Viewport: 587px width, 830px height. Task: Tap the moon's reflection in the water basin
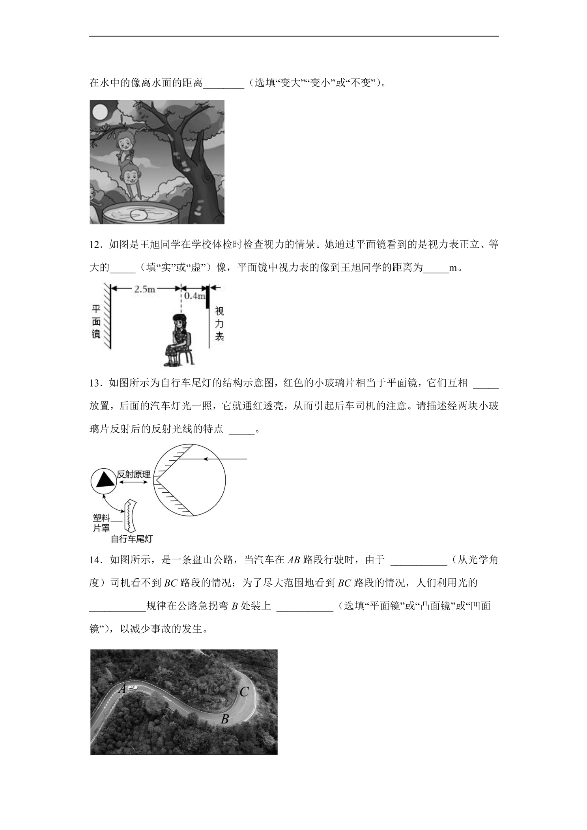[138, 214]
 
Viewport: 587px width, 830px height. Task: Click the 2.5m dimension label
[145, 289]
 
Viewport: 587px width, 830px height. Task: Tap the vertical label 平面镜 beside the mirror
[96, 321]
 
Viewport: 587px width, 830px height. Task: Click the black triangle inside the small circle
[104, 480]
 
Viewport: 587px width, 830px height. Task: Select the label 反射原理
[134, 475]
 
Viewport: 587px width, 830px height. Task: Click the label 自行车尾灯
[132, 538]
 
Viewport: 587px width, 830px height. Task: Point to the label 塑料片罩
[101, 523]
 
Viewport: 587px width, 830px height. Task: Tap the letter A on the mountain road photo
[122, 689]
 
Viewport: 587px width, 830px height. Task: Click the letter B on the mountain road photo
[224, 719]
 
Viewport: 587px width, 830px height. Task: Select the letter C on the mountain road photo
[244, 691]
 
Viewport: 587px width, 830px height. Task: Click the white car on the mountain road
[133, 688]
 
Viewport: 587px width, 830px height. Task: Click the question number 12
[97, 245]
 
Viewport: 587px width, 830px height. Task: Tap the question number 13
[97, 383]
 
